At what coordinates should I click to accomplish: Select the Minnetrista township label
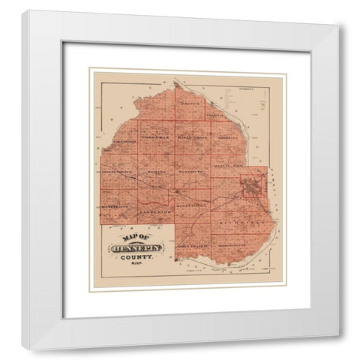point(115,203)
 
